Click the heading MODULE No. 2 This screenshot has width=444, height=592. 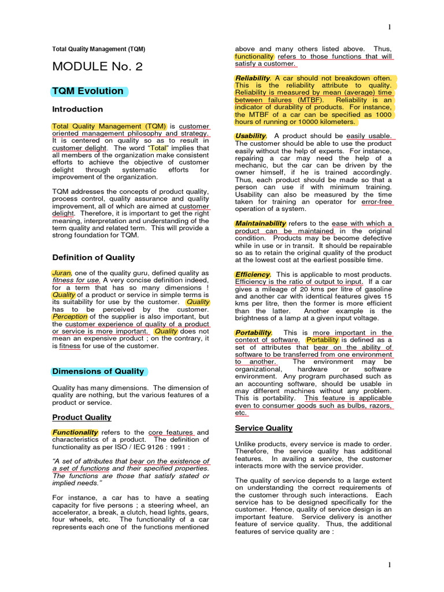click(97, 66)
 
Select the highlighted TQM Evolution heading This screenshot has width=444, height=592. click(88, 91)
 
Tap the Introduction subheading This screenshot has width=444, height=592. click(77, 109)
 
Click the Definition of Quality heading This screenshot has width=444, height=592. click(94, 257)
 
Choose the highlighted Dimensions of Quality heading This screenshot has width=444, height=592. click(98, 371)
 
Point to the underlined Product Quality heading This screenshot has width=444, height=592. click(82, 417)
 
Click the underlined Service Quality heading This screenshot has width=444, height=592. click(264, 428)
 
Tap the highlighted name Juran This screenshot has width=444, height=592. click(62, 273)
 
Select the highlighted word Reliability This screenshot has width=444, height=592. click(253, 78)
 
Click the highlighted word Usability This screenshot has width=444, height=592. click(250, 136)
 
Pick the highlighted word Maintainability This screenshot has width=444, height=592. click(260, 224)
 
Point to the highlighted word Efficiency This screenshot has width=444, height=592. click(253, 275)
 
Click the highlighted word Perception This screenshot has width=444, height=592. click(69, 317)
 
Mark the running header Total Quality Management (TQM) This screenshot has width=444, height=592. click(99, 49)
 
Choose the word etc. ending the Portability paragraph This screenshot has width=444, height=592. click(241, 413)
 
